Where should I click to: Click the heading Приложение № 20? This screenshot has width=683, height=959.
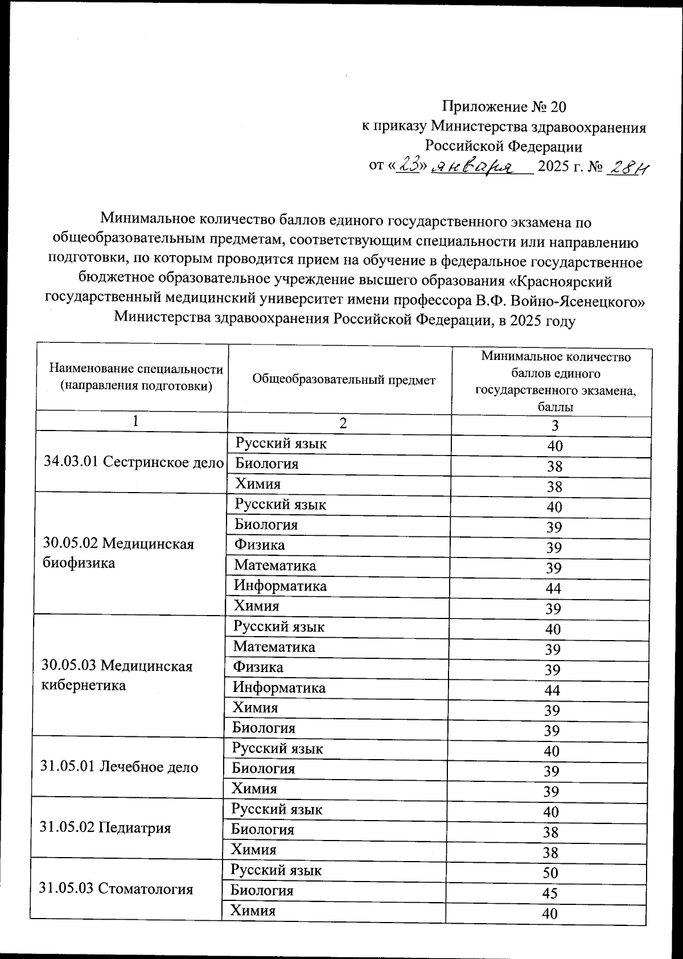point(504,106)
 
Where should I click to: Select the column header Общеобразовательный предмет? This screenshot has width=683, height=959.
point(343,379)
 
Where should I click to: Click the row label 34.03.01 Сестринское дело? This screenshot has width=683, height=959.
point(134,462)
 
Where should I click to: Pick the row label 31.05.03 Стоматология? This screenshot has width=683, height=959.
point(116,888)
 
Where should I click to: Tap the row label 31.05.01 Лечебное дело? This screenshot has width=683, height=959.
point(120,767)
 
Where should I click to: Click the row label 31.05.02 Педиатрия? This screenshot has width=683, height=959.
point(106,827)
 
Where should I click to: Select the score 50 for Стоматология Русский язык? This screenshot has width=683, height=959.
point(550,873)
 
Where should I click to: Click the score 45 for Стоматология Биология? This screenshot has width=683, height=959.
point(550,893)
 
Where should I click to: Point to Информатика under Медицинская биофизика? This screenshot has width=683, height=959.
point(280,585)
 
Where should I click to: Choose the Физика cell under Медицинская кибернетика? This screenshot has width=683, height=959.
point(258,667)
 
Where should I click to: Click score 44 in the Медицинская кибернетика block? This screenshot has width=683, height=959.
point(552,690)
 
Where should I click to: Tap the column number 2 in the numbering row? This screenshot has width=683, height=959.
point(343,423)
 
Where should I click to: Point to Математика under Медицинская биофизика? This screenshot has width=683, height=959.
point(275,565)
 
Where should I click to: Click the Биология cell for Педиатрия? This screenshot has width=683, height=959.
point(262,829)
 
